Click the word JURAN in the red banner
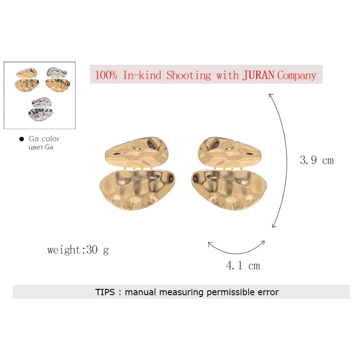[x=258, y=75]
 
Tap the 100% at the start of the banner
[x=106, y=75]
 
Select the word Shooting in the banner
[x=188, y=75]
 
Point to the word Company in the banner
[x=297, y=75]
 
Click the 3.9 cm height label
[x=317, y=160]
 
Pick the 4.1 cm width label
[x=243, y=265]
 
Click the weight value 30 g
[x=97, y=250]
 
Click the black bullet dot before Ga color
[x=21, y=139]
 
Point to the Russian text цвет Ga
[x=41, y=147]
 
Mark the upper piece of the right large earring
[x=229, y=151]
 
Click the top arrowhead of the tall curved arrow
[x=271, y=94]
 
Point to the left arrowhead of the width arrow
[x=209, y=244]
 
